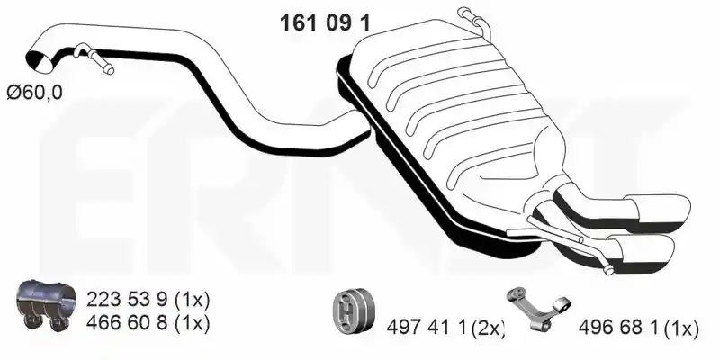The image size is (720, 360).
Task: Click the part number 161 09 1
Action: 325,22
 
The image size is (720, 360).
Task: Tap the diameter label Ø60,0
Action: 34,94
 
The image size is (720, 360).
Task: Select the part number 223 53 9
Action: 127,301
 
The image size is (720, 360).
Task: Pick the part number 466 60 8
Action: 127,323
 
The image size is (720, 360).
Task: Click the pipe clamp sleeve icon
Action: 46,305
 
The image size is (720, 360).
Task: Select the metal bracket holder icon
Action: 538,308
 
